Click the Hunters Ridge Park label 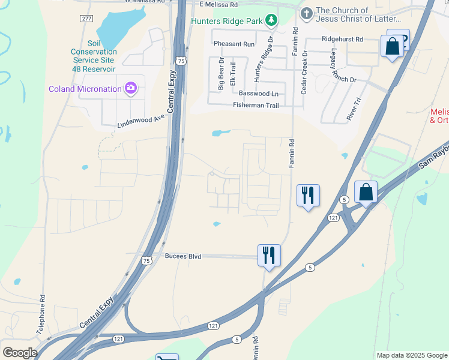tap(227, 21)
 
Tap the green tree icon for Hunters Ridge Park tap(272, 21)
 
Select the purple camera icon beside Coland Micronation tap(130, 89)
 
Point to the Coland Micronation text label tap(85, 89)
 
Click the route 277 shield tap(86, 19)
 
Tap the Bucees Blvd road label tap(182, 256)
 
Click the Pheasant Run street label tap(234, 44)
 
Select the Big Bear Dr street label tap(221, 74)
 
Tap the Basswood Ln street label tap(259, 94)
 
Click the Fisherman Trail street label tap(256, 106)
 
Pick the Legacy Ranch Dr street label tap(334, 67)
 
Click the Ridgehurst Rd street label tap(343, 39)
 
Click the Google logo tap(19, 353)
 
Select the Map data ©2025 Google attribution tap(411, 355)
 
